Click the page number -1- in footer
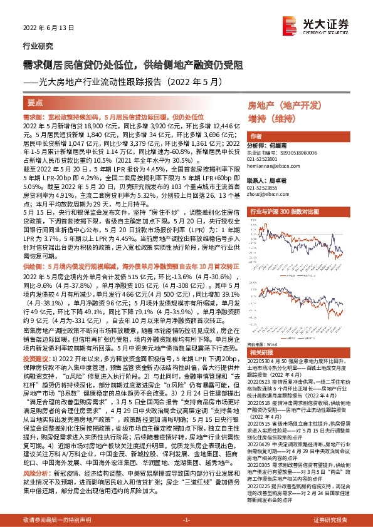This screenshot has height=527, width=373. pos(186,519)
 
